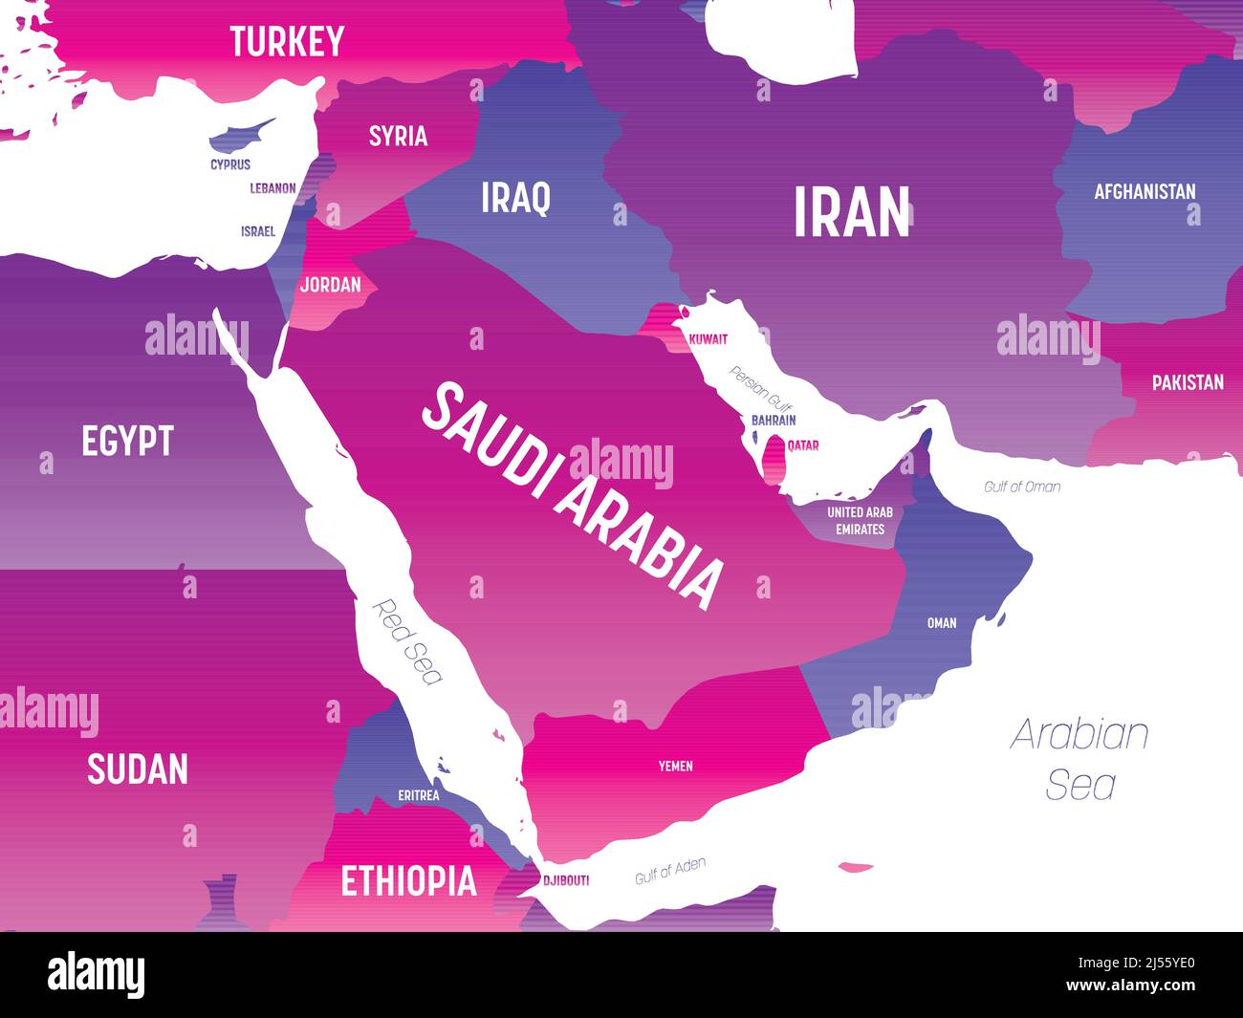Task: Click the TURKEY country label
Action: coord(287,41)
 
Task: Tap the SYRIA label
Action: coord(398,136)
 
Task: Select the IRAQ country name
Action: coord(515,198)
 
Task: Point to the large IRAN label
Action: coord(852,212)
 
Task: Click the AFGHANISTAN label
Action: coord(1145,191)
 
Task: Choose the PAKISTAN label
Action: coord(1188,382)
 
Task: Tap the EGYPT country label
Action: coord(127,441)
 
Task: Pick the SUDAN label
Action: coord(138,769)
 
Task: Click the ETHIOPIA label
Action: coord(408,880)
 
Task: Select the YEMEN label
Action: coord(675,766)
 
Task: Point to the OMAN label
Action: coord(942,623)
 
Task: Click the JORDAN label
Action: coord(330,285)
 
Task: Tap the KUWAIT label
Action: coord(709,339)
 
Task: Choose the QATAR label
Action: coord(802,445)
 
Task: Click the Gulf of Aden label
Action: coord(670,871)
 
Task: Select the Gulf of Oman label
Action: coord(1022,487)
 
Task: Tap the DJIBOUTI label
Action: coord(566,880)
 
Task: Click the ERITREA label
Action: coord(419,794)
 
